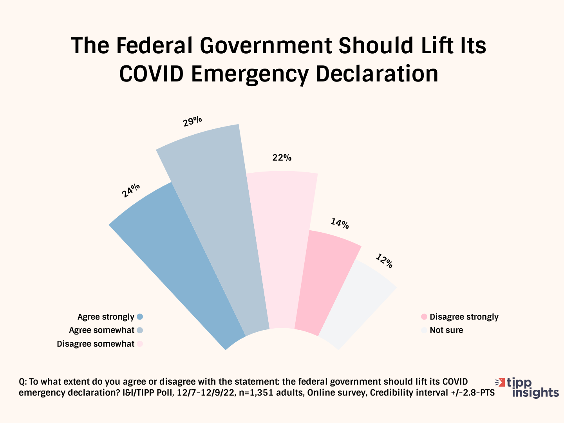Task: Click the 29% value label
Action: coord(192,121)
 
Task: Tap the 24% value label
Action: coord(131,190)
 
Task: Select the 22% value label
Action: coord(282,158)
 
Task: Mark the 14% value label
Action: coord(340,224)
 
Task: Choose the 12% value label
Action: coord(384,261)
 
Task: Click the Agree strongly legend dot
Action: coord(140,317)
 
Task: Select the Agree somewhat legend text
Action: coord(101,330)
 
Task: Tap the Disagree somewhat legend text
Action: coord(96,344)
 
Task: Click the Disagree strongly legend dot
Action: coord(424,317)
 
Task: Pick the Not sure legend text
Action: coord(446,330)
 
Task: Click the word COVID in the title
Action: coord(151,74)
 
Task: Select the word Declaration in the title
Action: coord(377,74)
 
